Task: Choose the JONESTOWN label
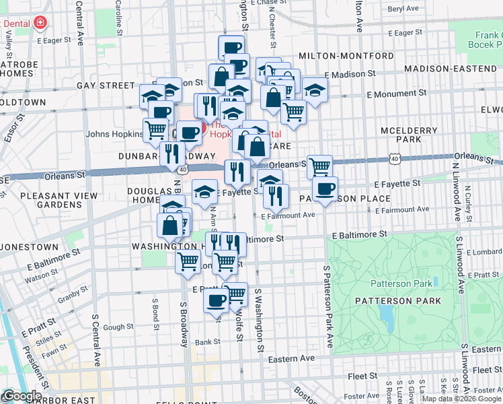click(30, 247)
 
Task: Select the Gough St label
click(118, 327)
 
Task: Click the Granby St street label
click(69, 296)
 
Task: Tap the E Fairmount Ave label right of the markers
click(402, 209)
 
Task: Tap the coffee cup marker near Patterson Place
click(325, 189)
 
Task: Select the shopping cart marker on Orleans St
click(319, 166)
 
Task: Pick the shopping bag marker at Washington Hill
click(170, 226)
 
